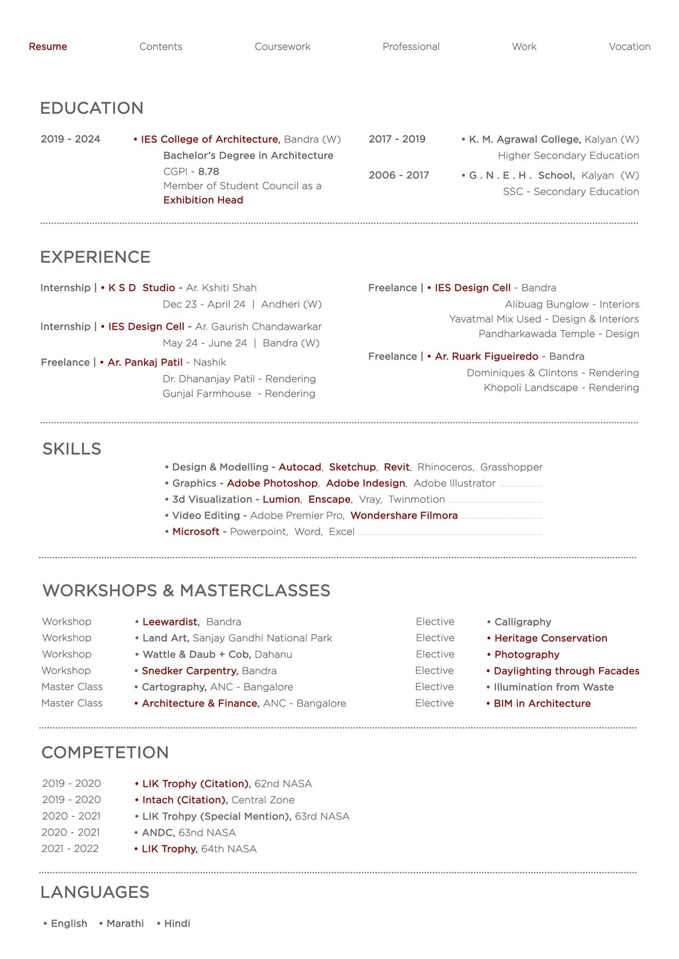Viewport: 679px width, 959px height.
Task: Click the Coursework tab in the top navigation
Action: tap(282, 46)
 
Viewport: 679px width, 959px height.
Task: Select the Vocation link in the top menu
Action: tap(629, 46)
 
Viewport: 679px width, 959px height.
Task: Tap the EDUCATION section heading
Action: tap(92, 108)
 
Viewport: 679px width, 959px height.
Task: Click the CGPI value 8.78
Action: tap(209, 172)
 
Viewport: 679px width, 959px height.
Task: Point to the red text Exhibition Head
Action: tap(203, 200)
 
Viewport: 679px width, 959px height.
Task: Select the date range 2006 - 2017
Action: tap(399, 175)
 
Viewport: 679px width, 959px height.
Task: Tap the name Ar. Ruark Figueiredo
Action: tap(486, 356)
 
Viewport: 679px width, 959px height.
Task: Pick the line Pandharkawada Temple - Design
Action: tap(558, 333)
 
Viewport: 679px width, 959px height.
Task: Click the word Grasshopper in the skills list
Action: tap(511, 467)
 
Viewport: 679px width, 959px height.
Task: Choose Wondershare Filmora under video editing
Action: tap(404, 515)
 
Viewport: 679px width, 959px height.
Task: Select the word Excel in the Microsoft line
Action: tap(341, 532)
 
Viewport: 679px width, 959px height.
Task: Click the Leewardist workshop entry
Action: tap(170, 622)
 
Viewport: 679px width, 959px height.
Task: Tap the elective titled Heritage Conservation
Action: tap(550, 638)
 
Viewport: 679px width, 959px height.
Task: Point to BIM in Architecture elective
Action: tap(542, 703)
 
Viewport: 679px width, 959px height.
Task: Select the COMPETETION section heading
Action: tap(105, 752)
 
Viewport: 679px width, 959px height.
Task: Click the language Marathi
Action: tap(125, 923)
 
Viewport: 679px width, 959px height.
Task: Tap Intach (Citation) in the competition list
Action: tap(184, 800)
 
